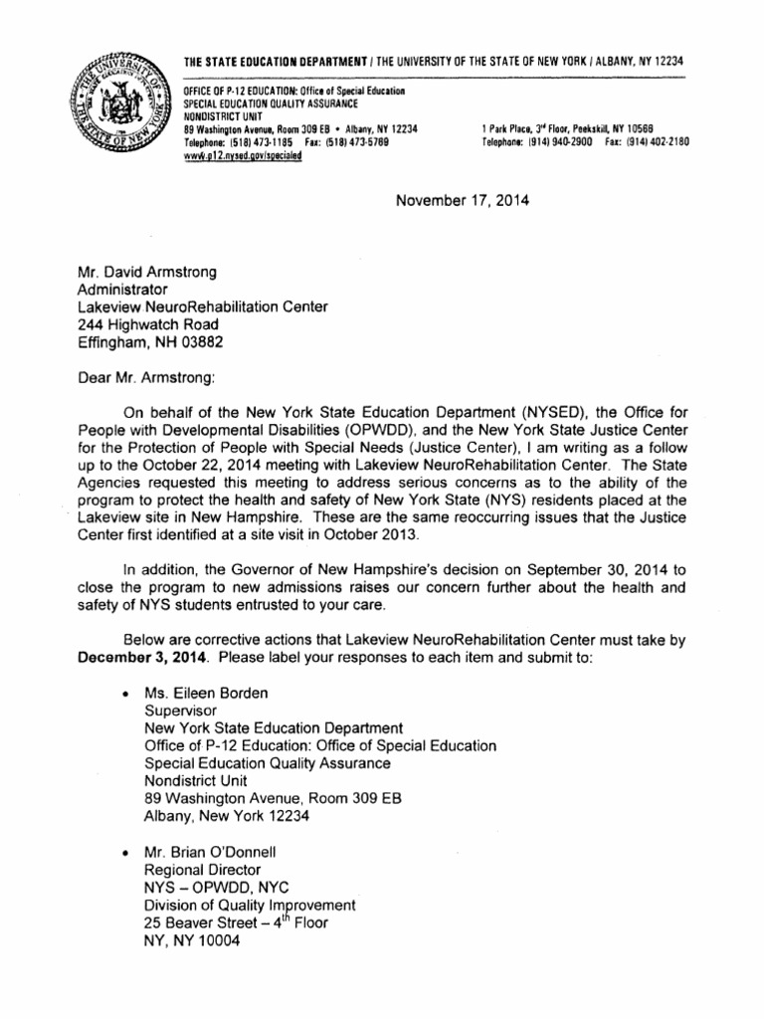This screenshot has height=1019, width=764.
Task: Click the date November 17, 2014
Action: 463,199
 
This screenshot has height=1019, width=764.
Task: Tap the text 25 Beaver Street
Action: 203,922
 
